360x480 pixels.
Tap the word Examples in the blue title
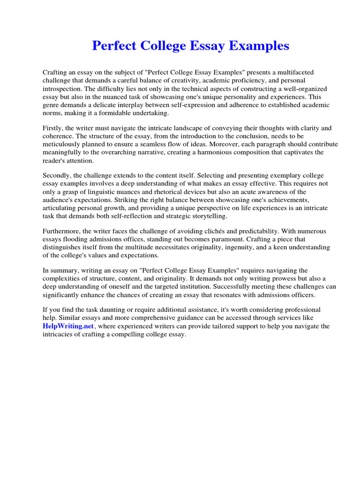pyautogui.click(x=261, y=46)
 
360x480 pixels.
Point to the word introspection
pyautogui.click(x=63, y=89)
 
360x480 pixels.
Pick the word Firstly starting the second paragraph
pyautogui.click(x=53, y=128)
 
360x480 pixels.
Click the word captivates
pyautogui.click(x=286, y=152)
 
